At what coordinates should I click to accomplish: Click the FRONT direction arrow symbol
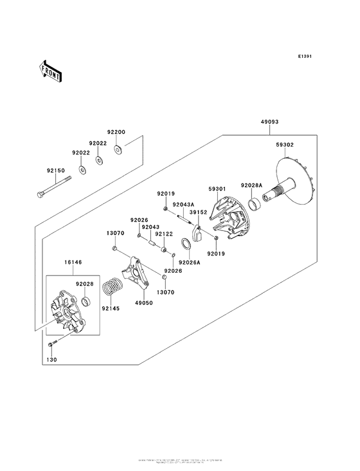coord(50,70)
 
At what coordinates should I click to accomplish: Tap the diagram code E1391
coord(305,57)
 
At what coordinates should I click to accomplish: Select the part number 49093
coord(269,122)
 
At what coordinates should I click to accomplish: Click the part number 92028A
coord(251,185)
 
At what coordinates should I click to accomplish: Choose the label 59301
coord(217,189)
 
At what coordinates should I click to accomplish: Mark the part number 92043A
coord(183,204)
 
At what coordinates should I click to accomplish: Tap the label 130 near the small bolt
coord(52,361)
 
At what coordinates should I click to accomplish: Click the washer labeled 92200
coord(118,150)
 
